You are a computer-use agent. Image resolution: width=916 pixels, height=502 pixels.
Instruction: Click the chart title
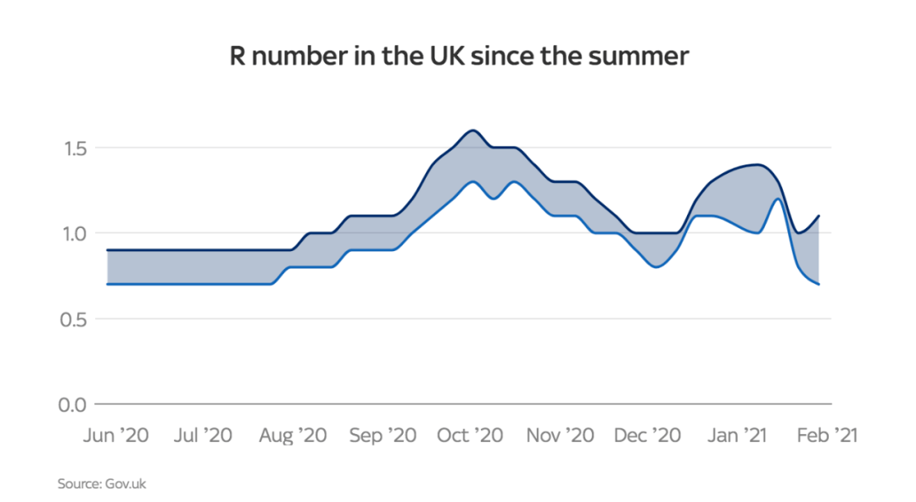(x=459, y=58)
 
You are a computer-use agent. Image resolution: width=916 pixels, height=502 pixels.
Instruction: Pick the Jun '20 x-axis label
(x=116, y=435)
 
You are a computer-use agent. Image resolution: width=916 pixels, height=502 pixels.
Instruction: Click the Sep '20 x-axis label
(x=383, y=435)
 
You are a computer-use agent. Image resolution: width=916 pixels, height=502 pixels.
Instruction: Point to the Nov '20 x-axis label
(x=561, y=435)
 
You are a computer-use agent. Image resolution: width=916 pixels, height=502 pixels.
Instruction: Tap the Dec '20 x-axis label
(x=648, y=435)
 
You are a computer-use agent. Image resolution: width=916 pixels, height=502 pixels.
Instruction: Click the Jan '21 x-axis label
(x=737, y=435)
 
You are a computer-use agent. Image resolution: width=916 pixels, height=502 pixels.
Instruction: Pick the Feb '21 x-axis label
(x=824, y=435)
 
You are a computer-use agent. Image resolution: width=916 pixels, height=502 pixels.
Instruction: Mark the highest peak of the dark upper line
(x=472, y=131)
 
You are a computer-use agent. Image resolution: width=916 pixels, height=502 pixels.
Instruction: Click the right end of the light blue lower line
(x=818, y=284)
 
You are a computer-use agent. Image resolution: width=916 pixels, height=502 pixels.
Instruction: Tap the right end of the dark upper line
(x=818, y=215)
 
